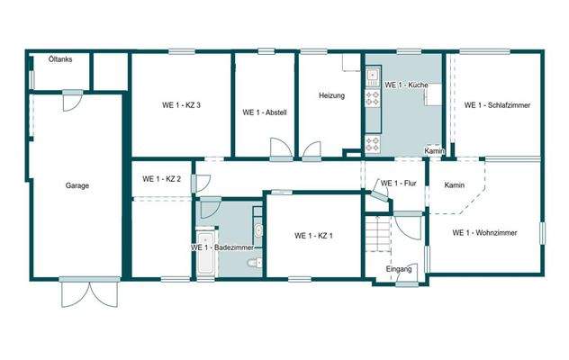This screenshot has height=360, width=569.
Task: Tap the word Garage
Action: point(77,185)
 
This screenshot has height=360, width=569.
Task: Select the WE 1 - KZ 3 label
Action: point(181,105)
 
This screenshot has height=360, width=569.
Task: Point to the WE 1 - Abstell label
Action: point(265,112)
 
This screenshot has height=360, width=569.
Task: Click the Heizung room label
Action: point(331,95)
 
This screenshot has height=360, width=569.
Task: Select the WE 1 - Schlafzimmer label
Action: point(497,105)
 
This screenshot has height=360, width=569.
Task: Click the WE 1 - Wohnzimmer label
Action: point(484,233)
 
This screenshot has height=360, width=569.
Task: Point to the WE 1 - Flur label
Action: point(397,184)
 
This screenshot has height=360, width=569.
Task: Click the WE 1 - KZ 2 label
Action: point(162,179)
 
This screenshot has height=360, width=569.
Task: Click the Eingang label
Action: point(399,269)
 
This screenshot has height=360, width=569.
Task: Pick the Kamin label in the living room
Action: point(454,184)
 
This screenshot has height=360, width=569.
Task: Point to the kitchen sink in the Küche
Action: point(370,97)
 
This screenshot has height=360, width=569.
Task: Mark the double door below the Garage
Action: point(90,292)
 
